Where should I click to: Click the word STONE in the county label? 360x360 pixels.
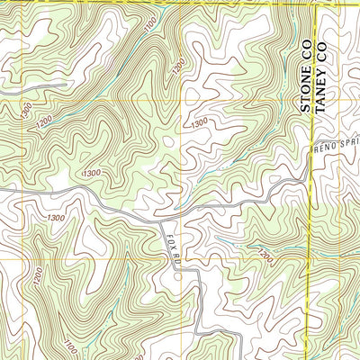click(x=305, y=95)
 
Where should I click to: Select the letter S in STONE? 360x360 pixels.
click(x=305, y=111)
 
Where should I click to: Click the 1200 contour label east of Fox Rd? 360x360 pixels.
click(x=264, y=257)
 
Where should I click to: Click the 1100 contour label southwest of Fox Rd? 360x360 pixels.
click(x=71, y=343)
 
